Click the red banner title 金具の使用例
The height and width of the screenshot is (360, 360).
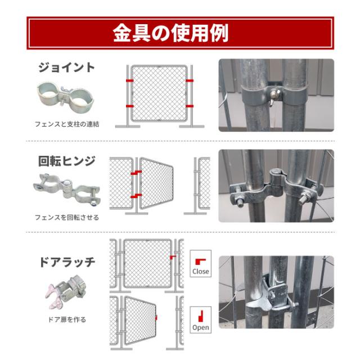coord(170,33)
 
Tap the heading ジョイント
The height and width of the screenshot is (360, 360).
coord(66,67)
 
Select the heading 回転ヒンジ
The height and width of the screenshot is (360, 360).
coord(66,161)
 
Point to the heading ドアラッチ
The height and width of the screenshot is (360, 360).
coord(67,262)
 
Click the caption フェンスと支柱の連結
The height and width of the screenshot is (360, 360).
coord(67,124)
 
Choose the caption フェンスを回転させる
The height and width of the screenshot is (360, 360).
coord(67,217)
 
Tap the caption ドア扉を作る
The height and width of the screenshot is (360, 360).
coord(67,319)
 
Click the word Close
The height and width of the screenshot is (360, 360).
coord(201,271)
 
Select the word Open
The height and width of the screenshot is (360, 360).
coord(201,327)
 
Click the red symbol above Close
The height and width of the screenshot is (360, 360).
coord(200,262)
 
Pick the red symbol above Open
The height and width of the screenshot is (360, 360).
coord(201,316)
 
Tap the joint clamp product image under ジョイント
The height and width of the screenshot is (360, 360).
coord(65,95)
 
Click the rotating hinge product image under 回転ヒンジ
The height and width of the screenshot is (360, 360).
coord(66,189)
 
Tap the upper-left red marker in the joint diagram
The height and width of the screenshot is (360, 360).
coord(130,80)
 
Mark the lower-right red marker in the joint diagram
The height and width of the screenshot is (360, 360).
coord(190,106)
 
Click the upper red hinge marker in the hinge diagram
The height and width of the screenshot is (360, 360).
coord(136,173)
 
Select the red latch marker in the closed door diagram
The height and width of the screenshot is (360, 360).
coord(173,257)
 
